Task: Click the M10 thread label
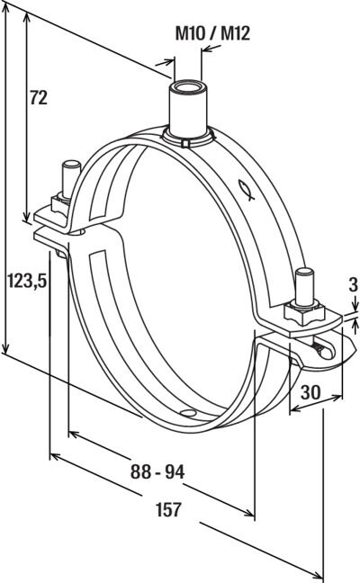point(190,34)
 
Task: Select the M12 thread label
point(235,34)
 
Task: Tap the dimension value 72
point(39,98)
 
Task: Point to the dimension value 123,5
point(28,281)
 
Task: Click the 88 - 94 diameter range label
point(157,471)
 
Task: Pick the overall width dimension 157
point(169,509)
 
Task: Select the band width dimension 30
point(310,392)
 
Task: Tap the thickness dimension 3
point(353,285)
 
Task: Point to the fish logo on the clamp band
point(247,190)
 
